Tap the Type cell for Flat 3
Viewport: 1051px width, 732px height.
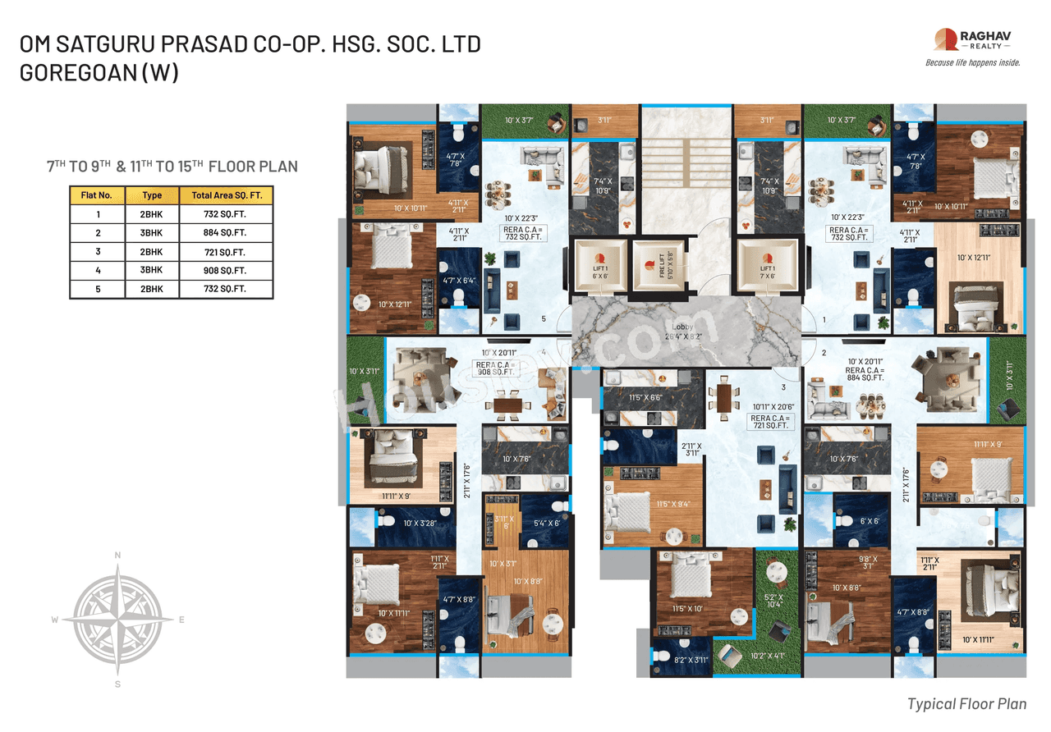[152, 252]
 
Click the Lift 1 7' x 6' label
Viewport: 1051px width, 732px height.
[767, 272]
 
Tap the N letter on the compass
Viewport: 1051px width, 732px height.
[117, 556]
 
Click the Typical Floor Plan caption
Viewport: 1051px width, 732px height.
[966, 703]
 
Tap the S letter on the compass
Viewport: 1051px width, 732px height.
[117, 683]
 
